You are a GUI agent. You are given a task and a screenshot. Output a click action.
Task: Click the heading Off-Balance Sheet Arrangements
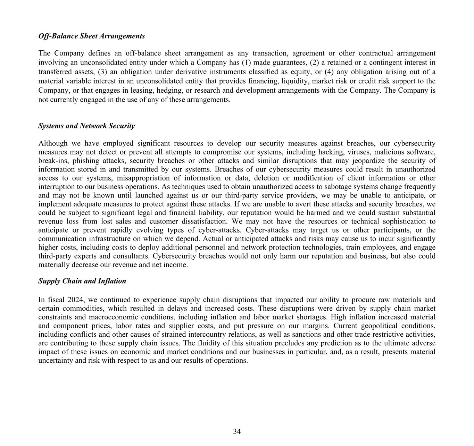[x=92, y=36]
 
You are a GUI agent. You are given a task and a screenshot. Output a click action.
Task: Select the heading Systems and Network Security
[x=86, y=126]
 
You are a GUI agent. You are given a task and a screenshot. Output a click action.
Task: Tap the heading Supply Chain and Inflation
[x=82, y=281]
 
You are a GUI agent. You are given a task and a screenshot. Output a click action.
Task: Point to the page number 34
[x=237, y=431]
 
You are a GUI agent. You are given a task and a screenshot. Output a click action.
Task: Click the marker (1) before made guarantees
[x=246, y=62]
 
